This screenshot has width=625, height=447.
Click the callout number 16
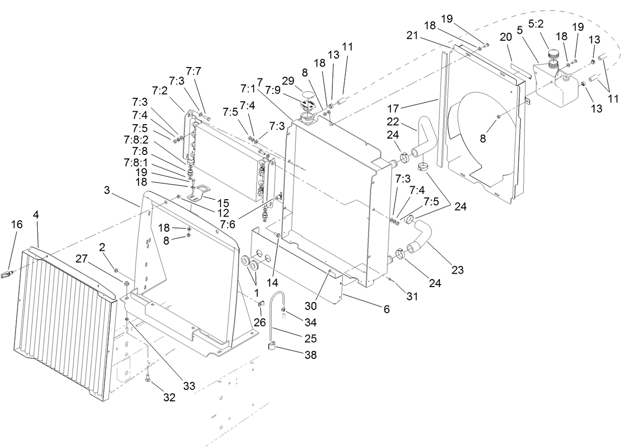click(17, 225)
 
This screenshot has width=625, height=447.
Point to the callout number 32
click(169, 397)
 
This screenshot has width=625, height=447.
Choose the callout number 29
click(288, 80)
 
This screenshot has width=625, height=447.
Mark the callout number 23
click(457, 270)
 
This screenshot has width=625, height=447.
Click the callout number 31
click(412, 297)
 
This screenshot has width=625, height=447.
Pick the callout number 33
click(189, 385)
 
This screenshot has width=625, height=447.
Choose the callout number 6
click(386, 309)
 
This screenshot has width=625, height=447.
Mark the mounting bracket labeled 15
click(202, 193)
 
